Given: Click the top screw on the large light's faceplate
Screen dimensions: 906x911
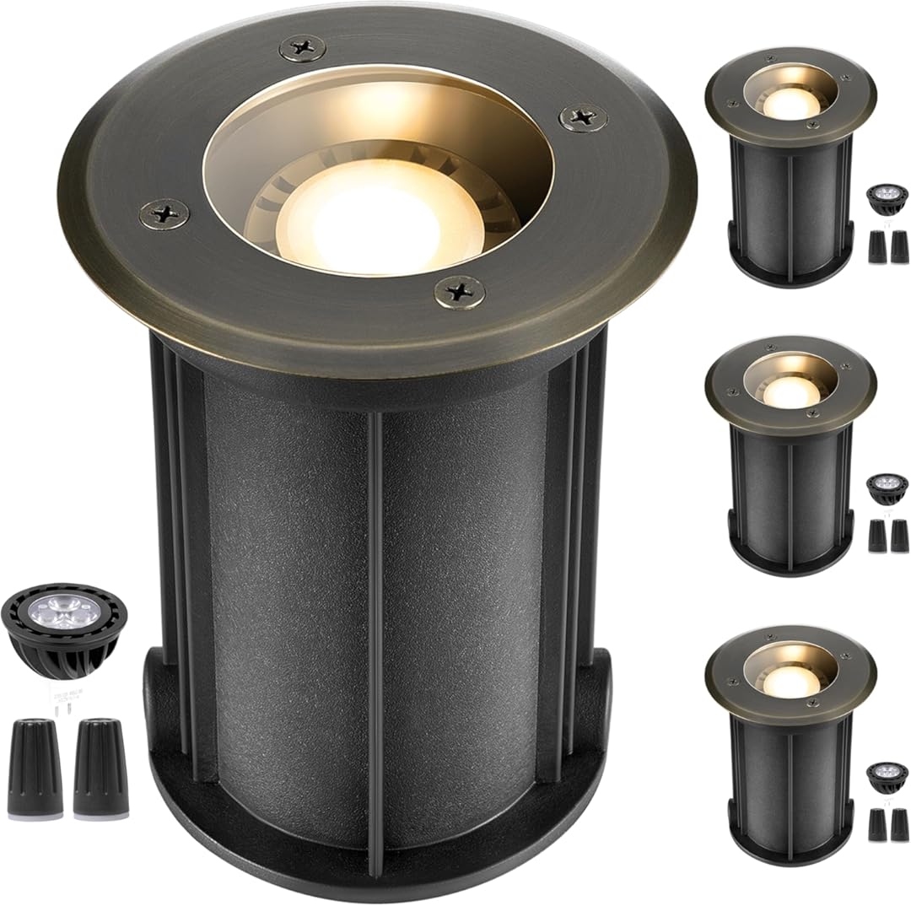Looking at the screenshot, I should click(x=302, y=48).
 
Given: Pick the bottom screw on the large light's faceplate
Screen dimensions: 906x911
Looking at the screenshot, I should click(x=459, y=292).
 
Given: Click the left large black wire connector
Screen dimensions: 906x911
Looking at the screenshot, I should click(x=35, y=767).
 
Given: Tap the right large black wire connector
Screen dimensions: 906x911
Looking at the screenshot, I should click(x=100, y=767).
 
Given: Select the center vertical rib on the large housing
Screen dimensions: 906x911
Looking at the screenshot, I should click(x=375, y=633).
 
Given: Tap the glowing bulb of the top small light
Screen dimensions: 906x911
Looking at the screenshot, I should click(x=790, y=102).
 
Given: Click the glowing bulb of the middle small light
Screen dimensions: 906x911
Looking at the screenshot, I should click(x=790, y=390).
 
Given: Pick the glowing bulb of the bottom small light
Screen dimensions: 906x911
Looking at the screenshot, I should click(x=790, y=680).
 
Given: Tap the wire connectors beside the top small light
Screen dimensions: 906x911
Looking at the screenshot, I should click(x=888, y=246).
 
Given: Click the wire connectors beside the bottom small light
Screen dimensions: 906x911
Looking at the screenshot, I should click(x=888, y=824).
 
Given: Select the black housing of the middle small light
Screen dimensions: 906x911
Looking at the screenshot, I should click(x=789, y=498).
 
